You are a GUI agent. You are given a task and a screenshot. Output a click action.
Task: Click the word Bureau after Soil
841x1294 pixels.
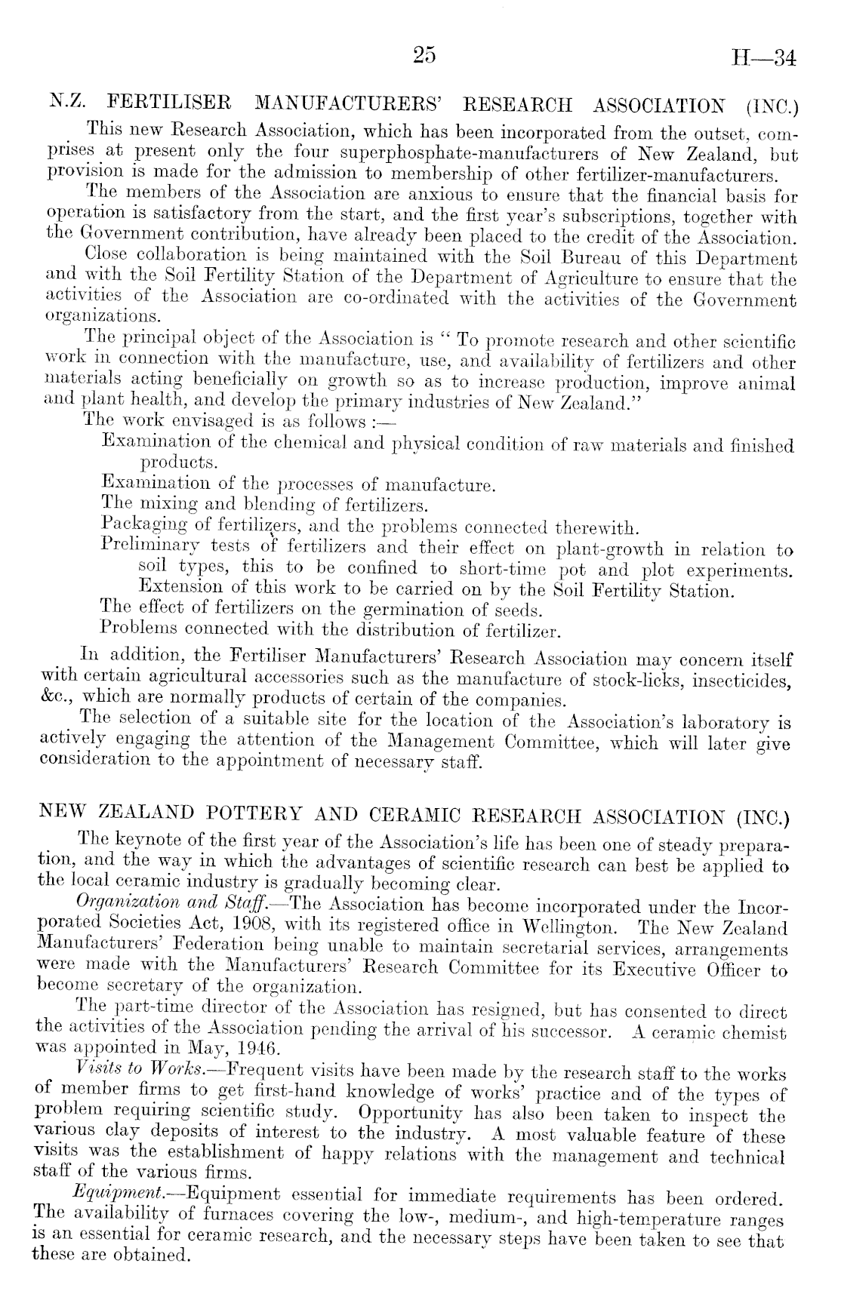pyautogui.click(x=584, y=258)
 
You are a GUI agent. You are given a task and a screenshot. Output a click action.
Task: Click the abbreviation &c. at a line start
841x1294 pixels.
pyautogui.click(x=54, y=699)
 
